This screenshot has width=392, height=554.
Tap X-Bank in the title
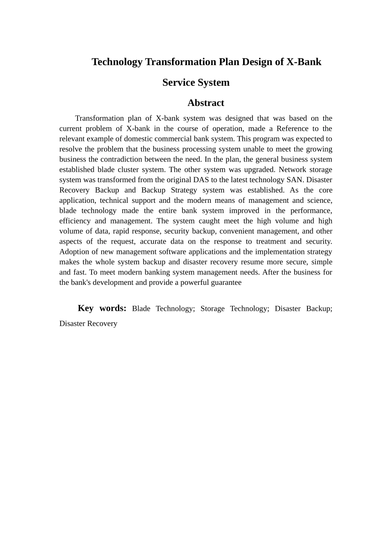point(304,62)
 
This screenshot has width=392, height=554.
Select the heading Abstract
point(205,103)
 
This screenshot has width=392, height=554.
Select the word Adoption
point(74,252)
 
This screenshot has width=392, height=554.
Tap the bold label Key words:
point(102,308)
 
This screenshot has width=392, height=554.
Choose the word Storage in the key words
point(213,309)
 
